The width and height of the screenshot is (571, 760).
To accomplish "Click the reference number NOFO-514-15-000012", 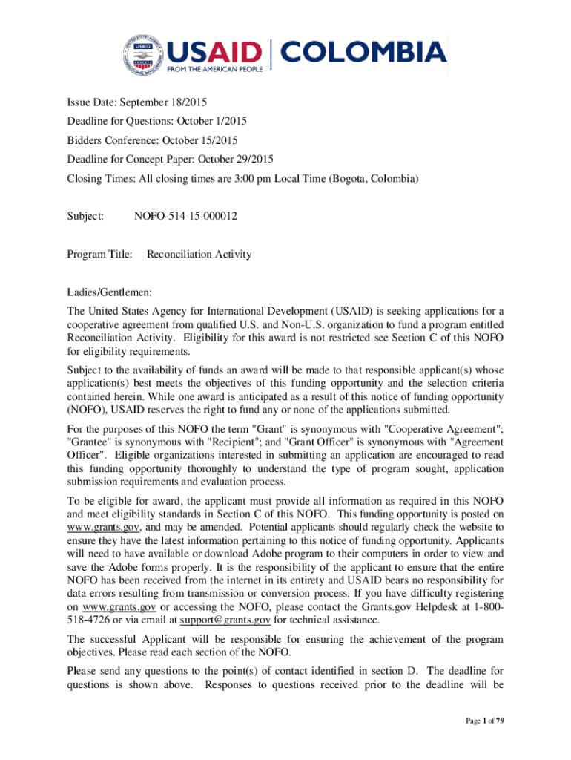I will coord(185,216).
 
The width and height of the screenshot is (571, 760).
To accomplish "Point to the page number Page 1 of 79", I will coord(482,721).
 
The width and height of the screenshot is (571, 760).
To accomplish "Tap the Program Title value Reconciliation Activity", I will coord(199,254).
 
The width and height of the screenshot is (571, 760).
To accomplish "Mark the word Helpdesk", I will coord(426,607).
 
